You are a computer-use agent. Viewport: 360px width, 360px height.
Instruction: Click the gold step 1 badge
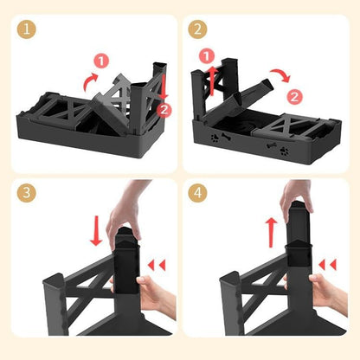pos(27,29)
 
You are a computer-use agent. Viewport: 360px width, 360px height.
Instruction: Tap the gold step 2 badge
pos(197,29)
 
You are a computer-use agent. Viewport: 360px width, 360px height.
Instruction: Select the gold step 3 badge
pos(27,193)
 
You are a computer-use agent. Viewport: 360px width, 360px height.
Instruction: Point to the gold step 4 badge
pos(197,193)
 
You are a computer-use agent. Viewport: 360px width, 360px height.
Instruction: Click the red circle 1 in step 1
pos(101,61)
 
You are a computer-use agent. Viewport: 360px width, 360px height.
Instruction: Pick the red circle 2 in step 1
pos(164,110)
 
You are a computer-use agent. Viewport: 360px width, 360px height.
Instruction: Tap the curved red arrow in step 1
pos(89,82)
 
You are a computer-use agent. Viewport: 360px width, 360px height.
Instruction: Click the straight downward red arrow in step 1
pos(164,87)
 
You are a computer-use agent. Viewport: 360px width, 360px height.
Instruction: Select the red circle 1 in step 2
pos(207,56)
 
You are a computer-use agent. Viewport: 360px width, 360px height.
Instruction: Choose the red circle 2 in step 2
pos(294,97)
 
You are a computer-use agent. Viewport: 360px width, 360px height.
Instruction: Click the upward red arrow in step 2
pos(212,80)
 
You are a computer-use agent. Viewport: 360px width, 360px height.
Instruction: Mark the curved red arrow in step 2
pos(281,74)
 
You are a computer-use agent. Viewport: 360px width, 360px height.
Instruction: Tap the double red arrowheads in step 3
pos(157,265)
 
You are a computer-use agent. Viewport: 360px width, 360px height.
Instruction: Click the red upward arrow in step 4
pos(271,233)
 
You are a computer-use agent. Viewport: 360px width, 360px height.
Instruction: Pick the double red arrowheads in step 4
pos(328,265)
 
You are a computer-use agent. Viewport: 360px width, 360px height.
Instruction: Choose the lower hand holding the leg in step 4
pos(326,292)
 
